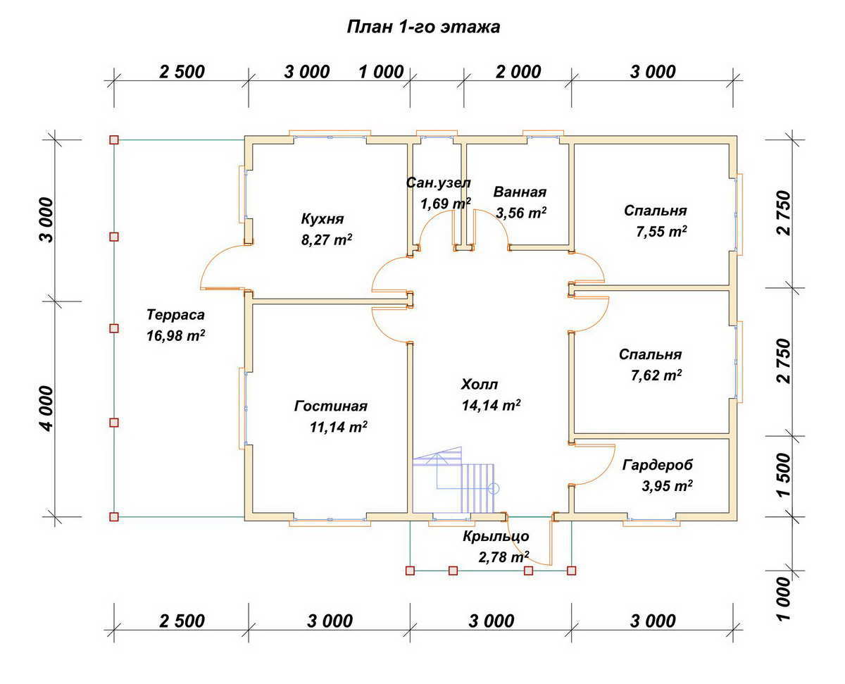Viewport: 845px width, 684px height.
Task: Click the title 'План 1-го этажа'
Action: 423,27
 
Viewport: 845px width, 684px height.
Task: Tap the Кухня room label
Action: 322,218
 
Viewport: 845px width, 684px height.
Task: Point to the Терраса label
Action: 175,315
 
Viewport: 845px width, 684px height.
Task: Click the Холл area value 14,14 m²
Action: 491,404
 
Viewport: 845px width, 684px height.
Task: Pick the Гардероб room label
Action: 658,465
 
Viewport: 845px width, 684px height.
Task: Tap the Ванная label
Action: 520,192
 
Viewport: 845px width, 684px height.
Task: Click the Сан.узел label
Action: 439,182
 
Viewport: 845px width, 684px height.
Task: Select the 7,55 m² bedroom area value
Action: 661,231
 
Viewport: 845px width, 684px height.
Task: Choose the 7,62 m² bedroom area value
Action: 656,375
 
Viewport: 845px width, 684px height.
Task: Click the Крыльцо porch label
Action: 496,536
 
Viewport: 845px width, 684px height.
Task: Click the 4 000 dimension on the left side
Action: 46,409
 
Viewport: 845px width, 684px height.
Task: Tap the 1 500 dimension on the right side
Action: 784,475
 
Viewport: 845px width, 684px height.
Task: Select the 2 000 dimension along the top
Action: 518,72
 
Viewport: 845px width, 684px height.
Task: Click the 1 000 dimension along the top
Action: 381,73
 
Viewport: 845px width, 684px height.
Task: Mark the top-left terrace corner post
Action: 114,139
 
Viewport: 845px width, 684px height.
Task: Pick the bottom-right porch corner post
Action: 571,571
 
